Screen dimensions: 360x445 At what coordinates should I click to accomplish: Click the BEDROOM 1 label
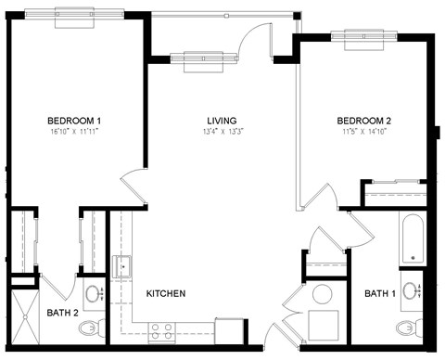click(x=74, y=121)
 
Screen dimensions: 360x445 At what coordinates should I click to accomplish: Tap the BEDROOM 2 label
click(x=364, y=121)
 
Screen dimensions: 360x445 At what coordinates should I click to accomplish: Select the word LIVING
click(x=222, y=121)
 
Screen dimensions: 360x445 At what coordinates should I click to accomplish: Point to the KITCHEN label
click(x=166, y=293)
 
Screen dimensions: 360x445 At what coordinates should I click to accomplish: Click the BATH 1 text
click(x=379, y=293)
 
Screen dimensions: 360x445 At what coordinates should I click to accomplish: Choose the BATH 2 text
click(x=63, y=313)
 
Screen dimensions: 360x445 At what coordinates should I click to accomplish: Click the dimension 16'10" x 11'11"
click(x=74, y=133)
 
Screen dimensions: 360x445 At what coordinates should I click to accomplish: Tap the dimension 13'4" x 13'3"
click(x=222, y=133)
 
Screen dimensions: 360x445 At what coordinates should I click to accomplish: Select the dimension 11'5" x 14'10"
click(x=364, y=133)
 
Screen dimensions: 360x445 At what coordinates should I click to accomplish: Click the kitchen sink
click(x=122, y=267)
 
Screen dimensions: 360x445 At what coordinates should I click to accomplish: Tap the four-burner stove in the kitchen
click(x=161, y=330)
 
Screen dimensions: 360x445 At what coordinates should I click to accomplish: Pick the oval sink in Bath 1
click(x=414, y=289)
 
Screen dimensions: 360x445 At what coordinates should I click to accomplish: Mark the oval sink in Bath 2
click(x=94, y=295)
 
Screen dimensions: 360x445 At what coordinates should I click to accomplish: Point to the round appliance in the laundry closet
click(x=322, y=296)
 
